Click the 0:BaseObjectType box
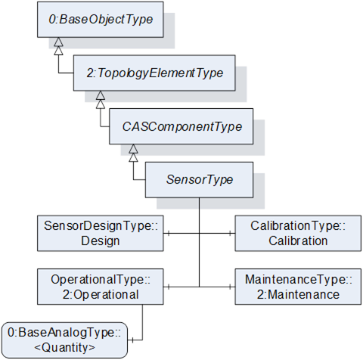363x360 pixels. (101, 20)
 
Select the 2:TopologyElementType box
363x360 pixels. (154, 73)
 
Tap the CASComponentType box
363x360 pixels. (181, 126)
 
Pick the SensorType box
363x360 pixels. (200, 180)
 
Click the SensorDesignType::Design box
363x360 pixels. (101, 234)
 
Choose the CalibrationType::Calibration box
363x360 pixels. (298, 234)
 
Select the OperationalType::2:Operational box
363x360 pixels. (101, 287)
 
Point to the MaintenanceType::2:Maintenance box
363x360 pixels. (298, 287)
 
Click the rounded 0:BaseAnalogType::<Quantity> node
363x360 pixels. (64, 340)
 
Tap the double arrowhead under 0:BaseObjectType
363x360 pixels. (58, 46)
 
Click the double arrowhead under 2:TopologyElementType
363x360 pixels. (101, 100)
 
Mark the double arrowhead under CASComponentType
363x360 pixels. (133, 153)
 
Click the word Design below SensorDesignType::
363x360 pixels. (101, 241)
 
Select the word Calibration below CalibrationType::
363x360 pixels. (298, 241)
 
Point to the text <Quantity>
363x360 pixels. (64, 348)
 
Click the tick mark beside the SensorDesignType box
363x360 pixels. (169, 234)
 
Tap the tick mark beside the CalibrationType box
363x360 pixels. (230, 234)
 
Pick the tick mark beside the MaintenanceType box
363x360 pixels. (230, 287)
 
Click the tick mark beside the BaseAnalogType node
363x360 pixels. (132, 340)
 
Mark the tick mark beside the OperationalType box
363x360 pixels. (169, 287)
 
